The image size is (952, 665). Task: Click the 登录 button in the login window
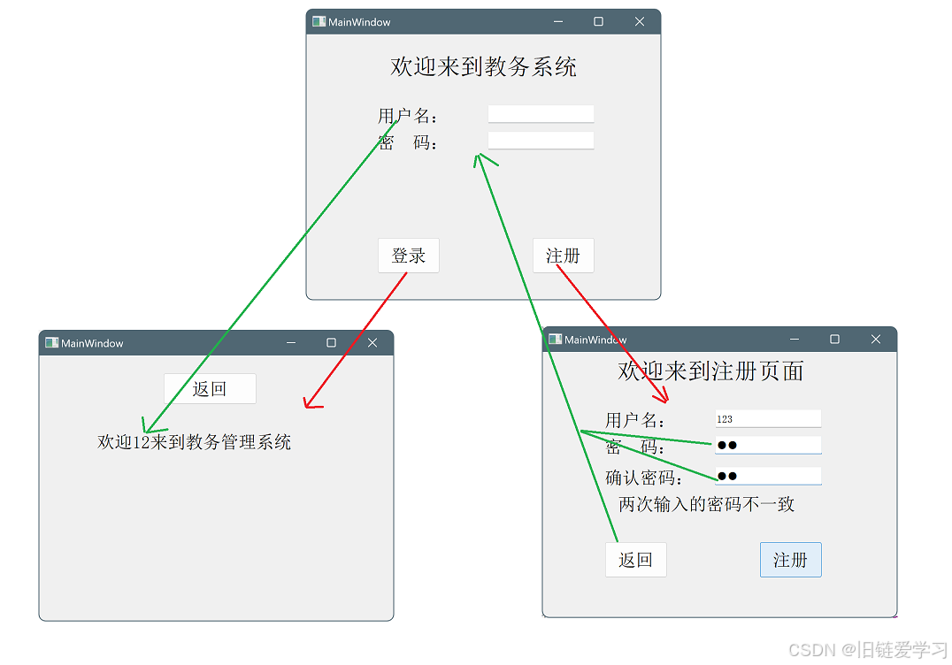click(408, 256)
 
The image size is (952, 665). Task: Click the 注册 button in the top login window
click(563, 256)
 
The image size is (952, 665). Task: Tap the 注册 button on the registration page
click(790, 560)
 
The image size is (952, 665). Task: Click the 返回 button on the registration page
click(635, 560)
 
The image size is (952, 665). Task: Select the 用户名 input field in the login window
click(541, 114)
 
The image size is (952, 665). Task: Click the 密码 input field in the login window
click(541, 141)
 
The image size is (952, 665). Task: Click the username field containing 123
click(768, 419)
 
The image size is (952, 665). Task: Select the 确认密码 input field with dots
click(768, 476)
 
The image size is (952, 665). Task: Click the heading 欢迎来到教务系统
click(483, 66)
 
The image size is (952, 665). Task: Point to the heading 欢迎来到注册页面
click(710, 371)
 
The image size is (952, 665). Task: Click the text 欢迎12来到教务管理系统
click(194, 442)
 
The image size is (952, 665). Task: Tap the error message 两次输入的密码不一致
click(706, 504)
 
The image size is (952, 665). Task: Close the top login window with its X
click(640, 22)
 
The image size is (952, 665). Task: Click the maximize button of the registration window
click(834, 340)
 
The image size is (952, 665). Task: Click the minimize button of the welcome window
click(291, 343)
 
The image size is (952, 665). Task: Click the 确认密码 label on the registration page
click(643, 478)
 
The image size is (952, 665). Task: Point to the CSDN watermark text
click(867, 650)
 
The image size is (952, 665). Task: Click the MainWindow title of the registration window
click(595, 340)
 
